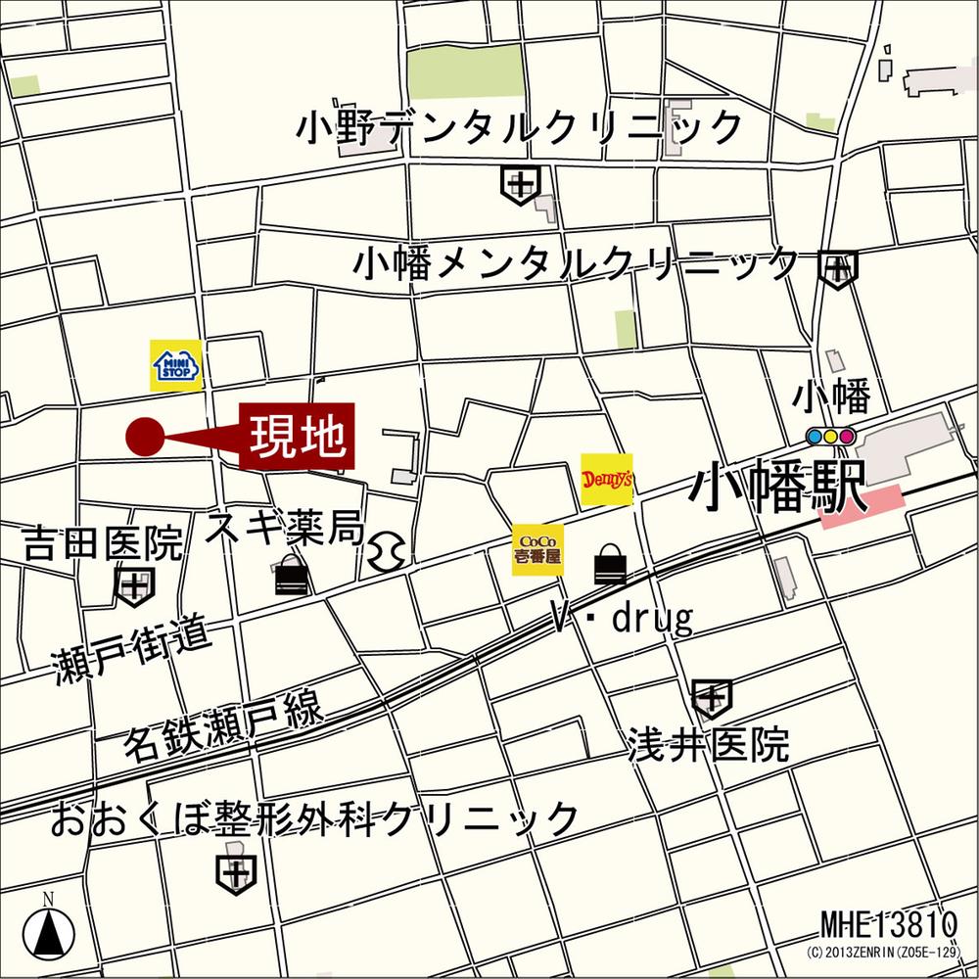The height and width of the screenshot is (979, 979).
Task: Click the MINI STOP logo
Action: tap(176, 365)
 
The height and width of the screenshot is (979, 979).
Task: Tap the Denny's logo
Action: tap(607, 480)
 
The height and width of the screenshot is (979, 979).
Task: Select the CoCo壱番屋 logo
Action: tap(537, 549)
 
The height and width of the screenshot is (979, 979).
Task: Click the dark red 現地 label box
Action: tap(299, 436)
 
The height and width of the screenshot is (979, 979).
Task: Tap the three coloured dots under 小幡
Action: tap(830, 436)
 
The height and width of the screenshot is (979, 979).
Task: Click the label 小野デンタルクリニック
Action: tap(520, 127)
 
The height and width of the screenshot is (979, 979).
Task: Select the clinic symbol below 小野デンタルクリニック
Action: tap(520, 183)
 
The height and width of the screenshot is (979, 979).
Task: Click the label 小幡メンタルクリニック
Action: tap(577, 263)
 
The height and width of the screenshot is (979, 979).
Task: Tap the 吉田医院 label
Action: tap(104, 542)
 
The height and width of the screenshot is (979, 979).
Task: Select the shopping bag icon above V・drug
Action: tap(610, 565)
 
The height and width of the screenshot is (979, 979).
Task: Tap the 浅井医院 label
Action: tap(709, 746)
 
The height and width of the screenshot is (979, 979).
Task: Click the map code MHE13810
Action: tap(887, 924)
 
